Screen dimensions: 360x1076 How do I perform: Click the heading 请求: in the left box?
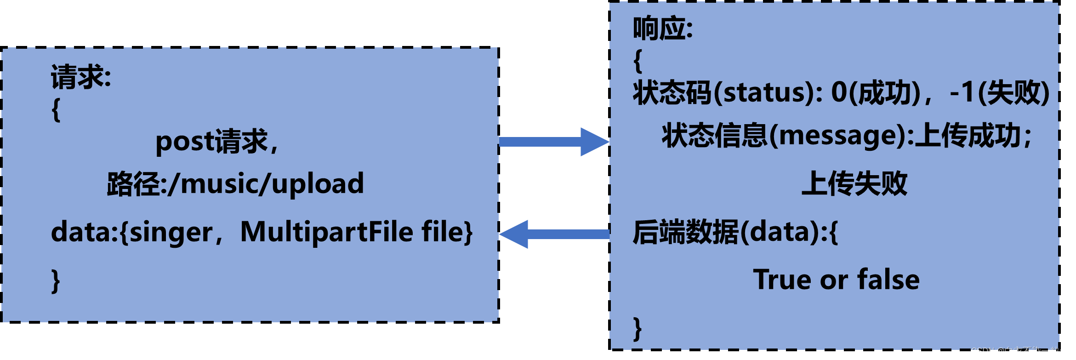(x=81, y=77)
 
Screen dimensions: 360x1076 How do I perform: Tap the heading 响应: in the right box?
(x=662, y=29)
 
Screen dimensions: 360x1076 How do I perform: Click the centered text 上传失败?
(x=854, y=183)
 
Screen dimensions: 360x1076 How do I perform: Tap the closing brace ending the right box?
(x=637, y=328)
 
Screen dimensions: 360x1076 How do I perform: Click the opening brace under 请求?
(x=56, y=110)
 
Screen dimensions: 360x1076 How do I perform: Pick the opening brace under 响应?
(x=638, y=61)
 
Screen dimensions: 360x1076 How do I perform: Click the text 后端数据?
(x=685, y=232)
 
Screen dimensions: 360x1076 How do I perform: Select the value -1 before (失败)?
(x=962, y=92)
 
